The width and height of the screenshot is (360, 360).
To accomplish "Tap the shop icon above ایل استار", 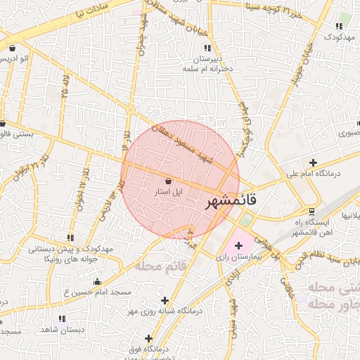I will click(167, 181).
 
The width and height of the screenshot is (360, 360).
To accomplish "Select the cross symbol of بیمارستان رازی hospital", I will click(238, 245).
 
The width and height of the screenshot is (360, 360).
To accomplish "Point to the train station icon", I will click(312, 211).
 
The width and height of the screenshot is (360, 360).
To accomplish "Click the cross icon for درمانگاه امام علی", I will click(313, 162).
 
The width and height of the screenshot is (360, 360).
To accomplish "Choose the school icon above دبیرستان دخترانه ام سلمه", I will click(206, 48).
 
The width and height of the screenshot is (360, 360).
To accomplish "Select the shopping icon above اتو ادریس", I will click(13, 48).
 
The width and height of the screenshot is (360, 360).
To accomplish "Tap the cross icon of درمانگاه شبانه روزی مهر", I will click(165, 300).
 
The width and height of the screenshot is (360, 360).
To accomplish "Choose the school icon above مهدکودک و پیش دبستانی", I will click(69, 238).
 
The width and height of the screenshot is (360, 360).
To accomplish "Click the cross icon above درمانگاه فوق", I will click(148, 338).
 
